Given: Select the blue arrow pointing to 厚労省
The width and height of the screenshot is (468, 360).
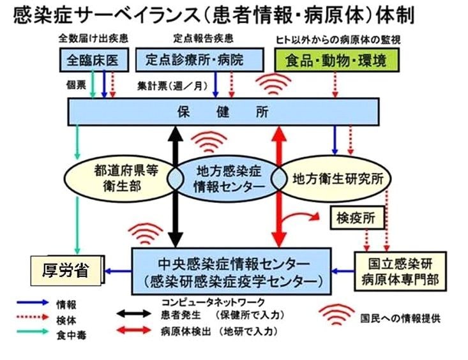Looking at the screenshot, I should (119, 271).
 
